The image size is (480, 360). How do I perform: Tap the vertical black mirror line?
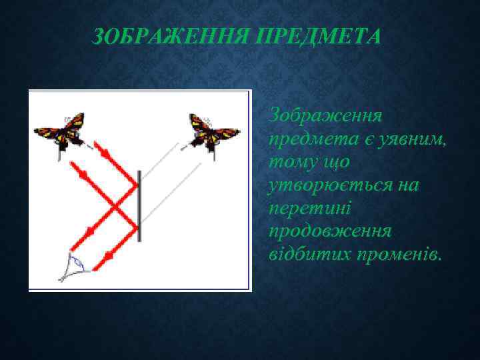(139, 204)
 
